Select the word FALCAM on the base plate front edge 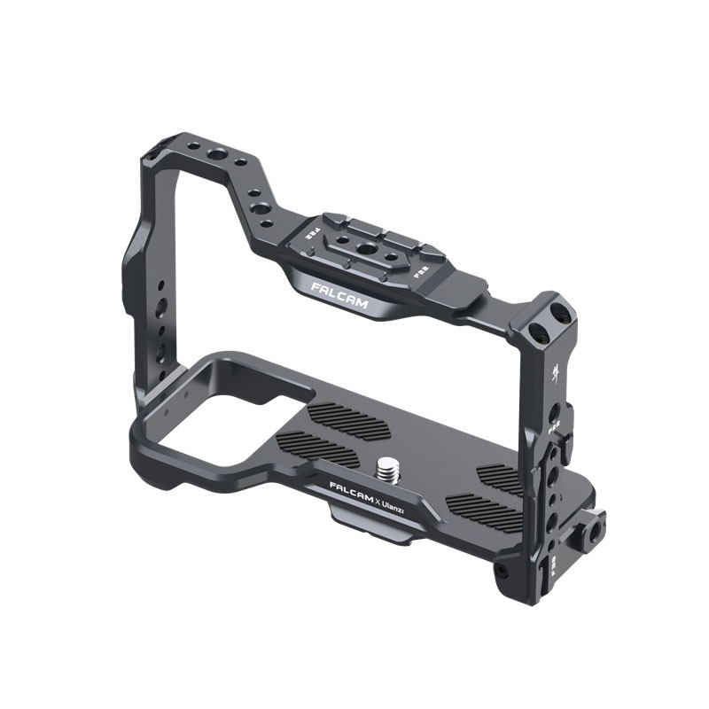[x=352, y=491]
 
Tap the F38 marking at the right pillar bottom [x=553, y=565]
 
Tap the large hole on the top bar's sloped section [x=261, y=209]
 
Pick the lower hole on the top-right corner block [x=537, y=332]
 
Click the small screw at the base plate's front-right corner [x=504, y=568]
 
